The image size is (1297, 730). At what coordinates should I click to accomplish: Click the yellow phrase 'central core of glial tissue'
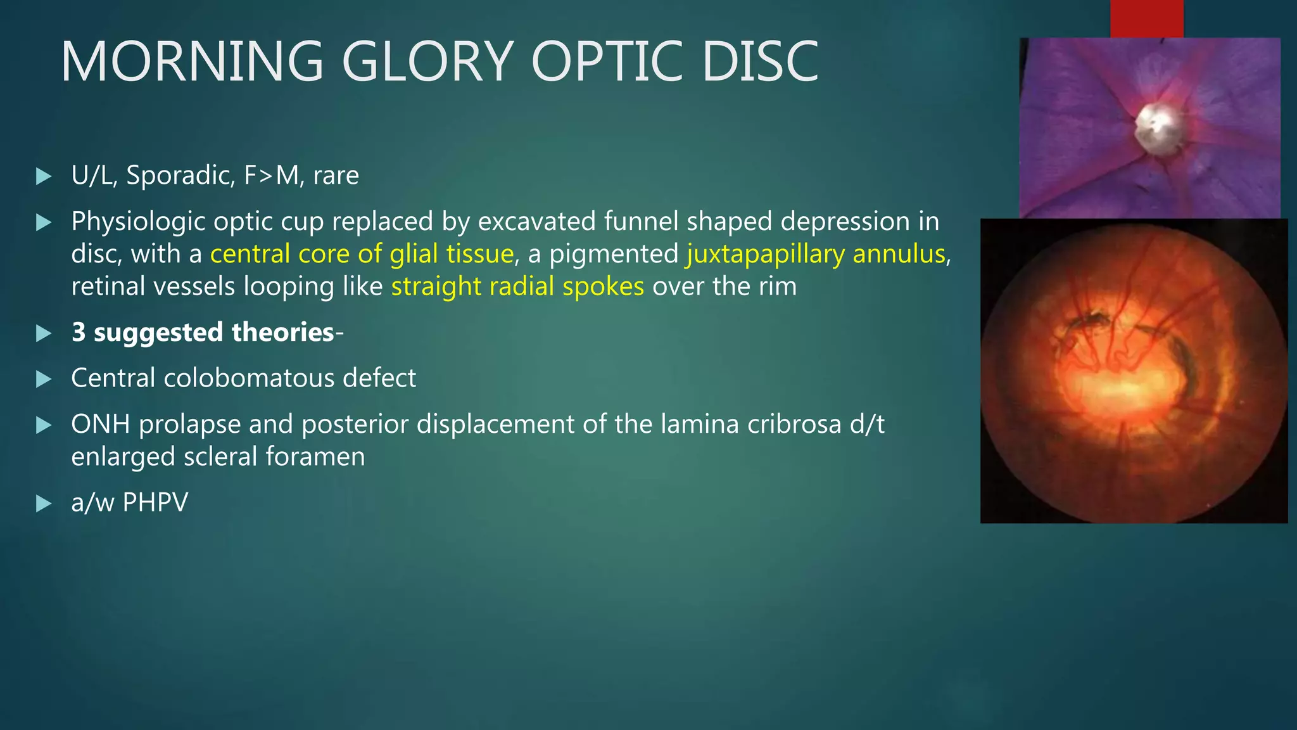[x=362, y=254]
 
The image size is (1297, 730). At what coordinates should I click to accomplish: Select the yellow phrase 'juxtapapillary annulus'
[x=816, y=254]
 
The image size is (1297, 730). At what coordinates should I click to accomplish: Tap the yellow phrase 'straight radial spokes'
[x=517, y=286]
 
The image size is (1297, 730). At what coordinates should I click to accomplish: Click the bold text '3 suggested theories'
[x=203, y=332]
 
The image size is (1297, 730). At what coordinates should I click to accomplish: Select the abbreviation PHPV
[x=155, y=503]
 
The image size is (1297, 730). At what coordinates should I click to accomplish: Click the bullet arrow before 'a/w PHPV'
[x=44, y=504]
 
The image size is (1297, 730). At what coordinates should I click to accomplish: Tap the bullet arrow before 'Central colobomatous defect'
[x=44, y=379]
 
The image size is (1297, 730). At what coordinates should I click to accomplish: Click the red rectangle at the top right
[x=1146, y=18]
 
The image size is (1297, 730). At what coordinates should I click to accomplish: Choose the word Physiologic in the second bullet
[x=138, y=222]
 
